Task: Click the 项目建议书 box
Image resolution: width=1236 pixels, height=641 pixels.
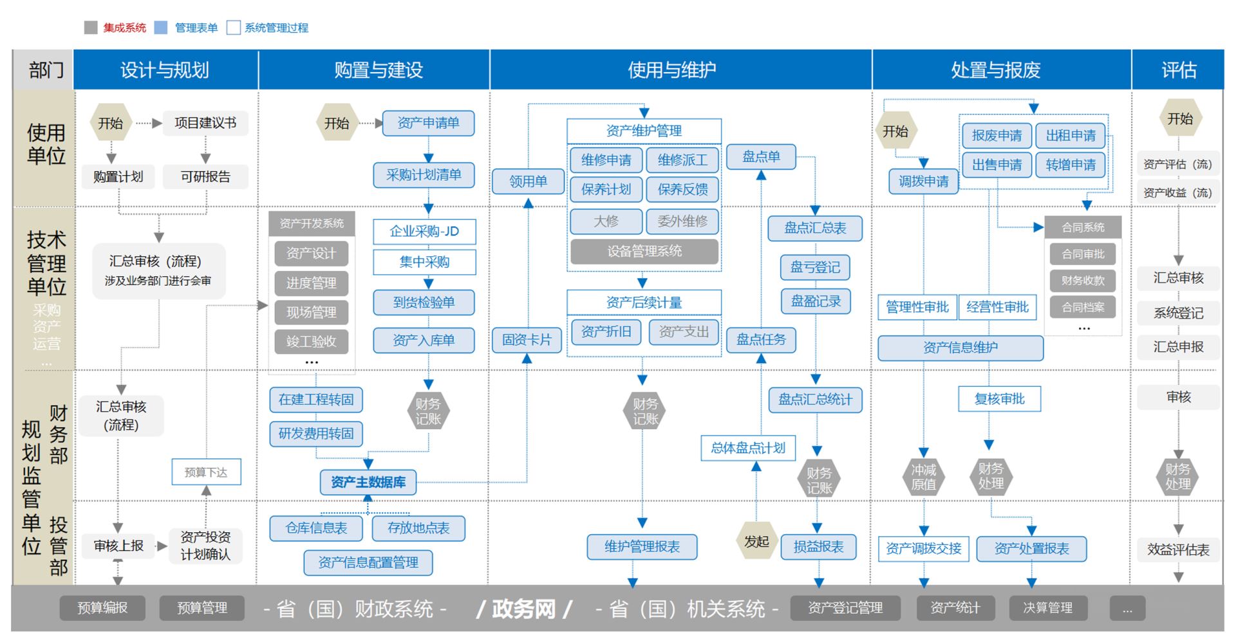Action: (x=205, y=123)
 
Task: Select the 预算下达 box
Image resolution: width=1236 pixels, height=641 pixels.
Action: (x=206, y=472)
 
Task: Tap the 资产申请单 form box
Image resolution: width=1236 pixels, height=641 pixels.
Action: (x=428, y=123)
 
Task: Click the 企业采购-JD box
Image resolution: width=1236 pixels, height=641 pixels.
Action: (x=424, y=232)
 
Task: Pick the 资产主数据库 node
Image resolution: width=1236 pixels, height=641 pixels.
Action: (x=368, y=482)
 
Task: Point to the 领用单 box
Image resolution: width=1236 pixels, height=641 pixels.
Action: (x=528, y=181)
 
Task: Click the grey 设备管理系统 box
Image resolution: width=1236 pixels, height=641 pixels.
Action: (x=644, y=252)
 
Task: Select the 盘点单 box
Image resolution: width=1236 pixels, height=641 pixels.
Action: (x=761, y=156)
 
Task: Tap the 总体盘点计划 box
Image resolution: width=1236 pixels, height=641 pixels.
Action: (x=748, y=448)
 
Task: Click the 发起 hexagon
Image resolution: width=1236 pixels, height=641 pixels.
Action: (x=756, y=542)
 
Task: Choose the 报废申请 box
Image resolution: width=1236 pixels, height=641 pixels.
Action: (x=997, y=136)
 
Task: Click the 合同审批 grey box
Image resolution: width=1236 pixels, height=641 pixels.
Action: (x=1083, y=254)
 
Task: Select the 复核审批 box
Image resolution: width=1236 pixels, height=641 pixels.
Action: (x=999, y=399)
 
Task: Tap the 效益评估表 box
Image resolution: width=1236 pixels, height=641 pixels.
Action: (x=1178, y=550)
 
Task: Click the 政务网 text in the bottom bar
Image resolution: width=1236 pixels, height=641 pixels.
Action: (x=523, y=608)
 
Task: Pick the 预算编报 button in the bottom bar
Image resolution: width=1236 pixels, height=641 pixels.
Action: (x=102, y=608)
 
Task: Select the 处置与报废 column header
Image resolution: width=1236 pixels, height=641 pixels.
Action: (x=996, y=70)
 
